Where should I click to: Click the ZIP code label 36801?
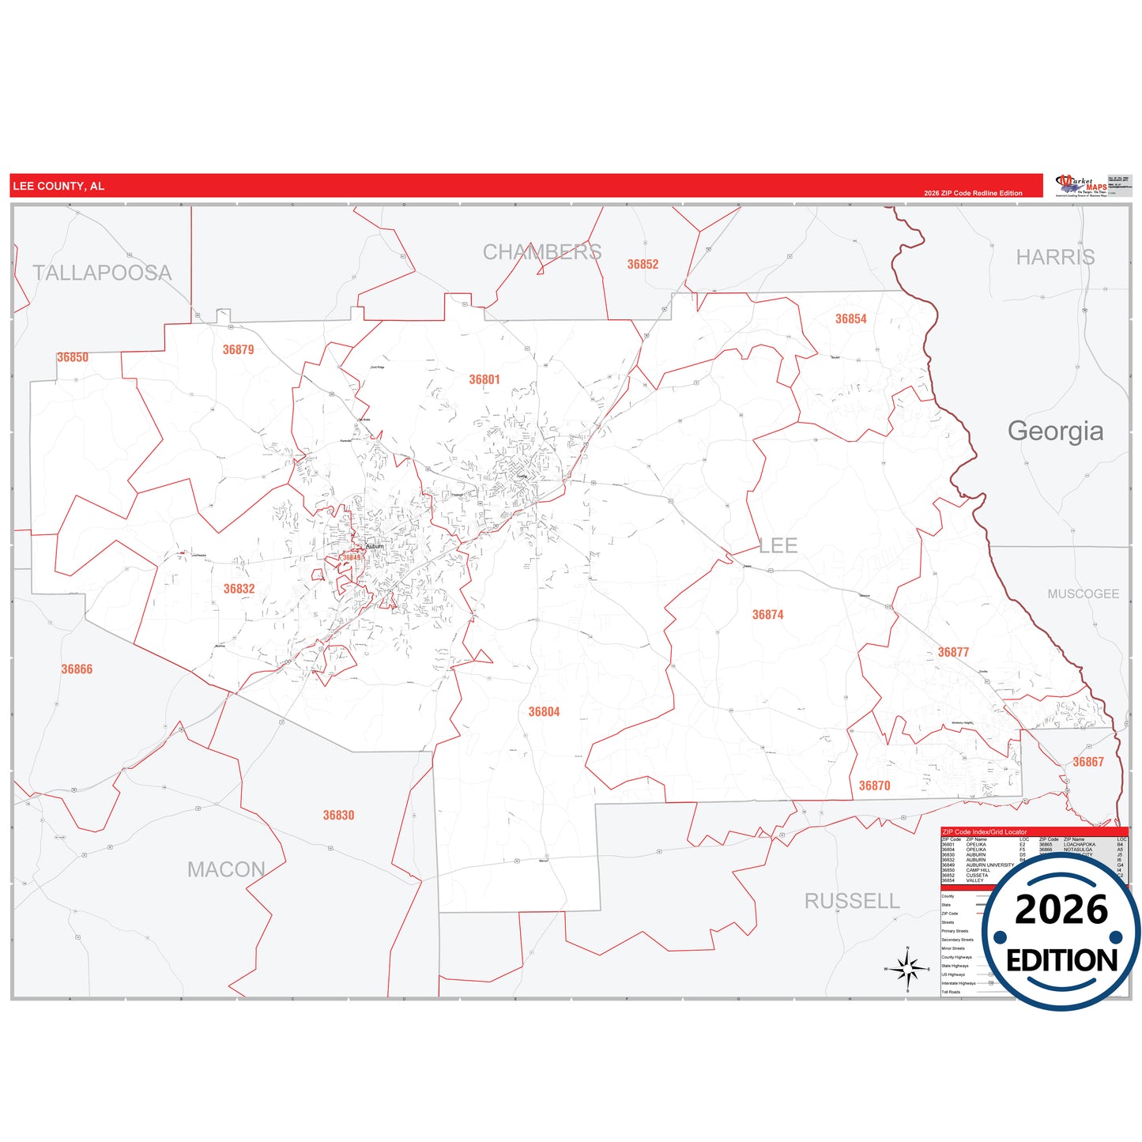[484, 379]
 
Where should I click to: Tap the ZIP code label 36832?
[239, 589]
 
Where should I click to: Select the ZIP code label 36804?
[544, 712]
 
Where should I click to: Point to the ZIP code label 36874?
[767, 615]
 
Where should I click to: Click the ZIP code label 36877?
[953, 652]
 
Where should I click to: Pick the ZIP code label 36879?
[238, 350]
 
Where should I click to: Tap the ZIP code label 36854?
[850, 319]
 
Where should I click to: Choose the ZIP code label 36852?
[643, 265]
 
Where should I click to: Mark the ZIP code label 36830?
[338, 816]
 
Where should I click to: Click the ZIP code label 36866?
[77, 669]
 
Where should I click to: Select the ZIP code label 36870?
[874, 786]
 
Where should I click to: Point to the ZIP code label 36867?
[1087, 762]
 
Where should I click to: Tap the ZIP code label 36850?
[73, 357]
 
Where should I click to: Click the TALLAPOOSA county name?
[102, 273]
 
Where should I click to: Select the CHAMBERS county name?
[542, 252]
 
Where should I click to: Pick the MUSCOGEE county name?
[1083, 594]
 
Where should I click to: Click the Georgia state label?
[1055, 431]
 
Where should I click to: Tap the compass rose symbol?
[907, 968]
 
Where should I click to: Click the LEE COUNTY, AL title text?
[58, 187]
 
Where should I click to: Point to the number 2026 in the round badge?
[1061, 910]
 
